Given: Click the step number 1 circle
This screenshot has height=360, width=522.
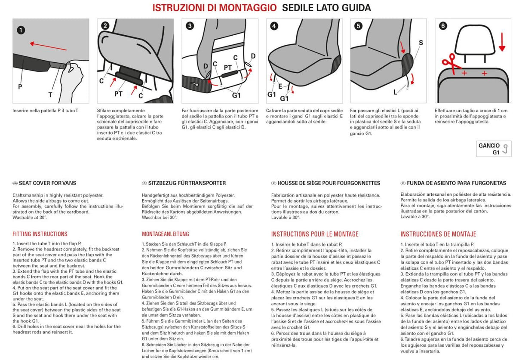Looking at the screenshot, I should (21, 30).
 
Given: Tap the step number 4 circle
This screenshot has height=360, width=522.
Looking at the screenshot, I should (274, 26).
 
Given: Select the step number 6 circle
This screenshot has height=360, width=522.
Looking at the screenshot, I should (443, 26).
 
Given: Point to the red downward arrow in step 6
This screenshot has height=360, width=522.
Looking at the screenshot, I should (502, 41).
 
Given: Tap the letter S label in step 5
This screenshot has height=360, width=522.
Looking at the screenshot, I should (421, 43).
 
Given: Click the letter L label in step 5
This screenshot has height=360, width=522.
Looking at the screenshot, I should (395, 92).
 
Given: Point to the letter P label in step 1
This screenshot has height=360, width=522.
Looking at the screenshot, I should (20, 86).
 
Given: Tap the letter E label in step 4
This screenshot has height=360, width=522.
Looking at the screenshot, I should (280, 86).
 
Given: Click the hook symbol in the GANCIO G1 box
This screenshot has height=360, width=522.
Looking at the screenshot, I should (505, 148).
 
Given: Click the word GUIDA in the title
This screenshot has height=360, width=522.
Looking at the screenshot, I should (354, 8).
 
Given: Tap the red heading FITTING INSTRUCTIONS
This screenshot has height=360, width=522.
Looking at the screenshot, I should (40, 234).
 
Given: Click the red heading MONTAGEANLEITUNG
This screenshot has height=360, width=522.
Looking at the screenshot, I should (166, 234).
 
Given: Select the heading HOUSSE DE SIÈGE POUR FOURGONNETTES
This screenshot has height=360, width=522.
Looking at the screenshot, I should (329, 183).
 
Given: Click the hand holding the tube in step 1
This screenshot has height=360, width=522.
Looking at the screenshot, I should (72, 80).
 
